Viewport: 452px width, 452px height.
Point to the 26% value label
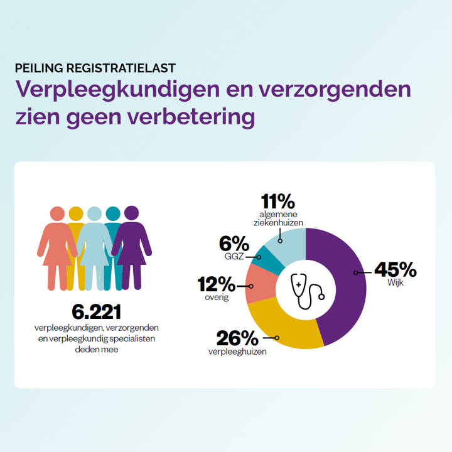237,338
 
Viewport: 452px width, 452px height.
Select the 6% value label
234,244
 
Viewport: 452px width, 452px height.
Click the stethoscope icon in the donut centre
306,290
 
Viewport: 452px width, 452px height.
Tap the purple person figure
132,245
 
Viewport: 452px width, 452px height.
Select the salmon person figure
57,245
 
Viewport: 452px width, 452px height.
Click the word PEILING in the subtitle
40,67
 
